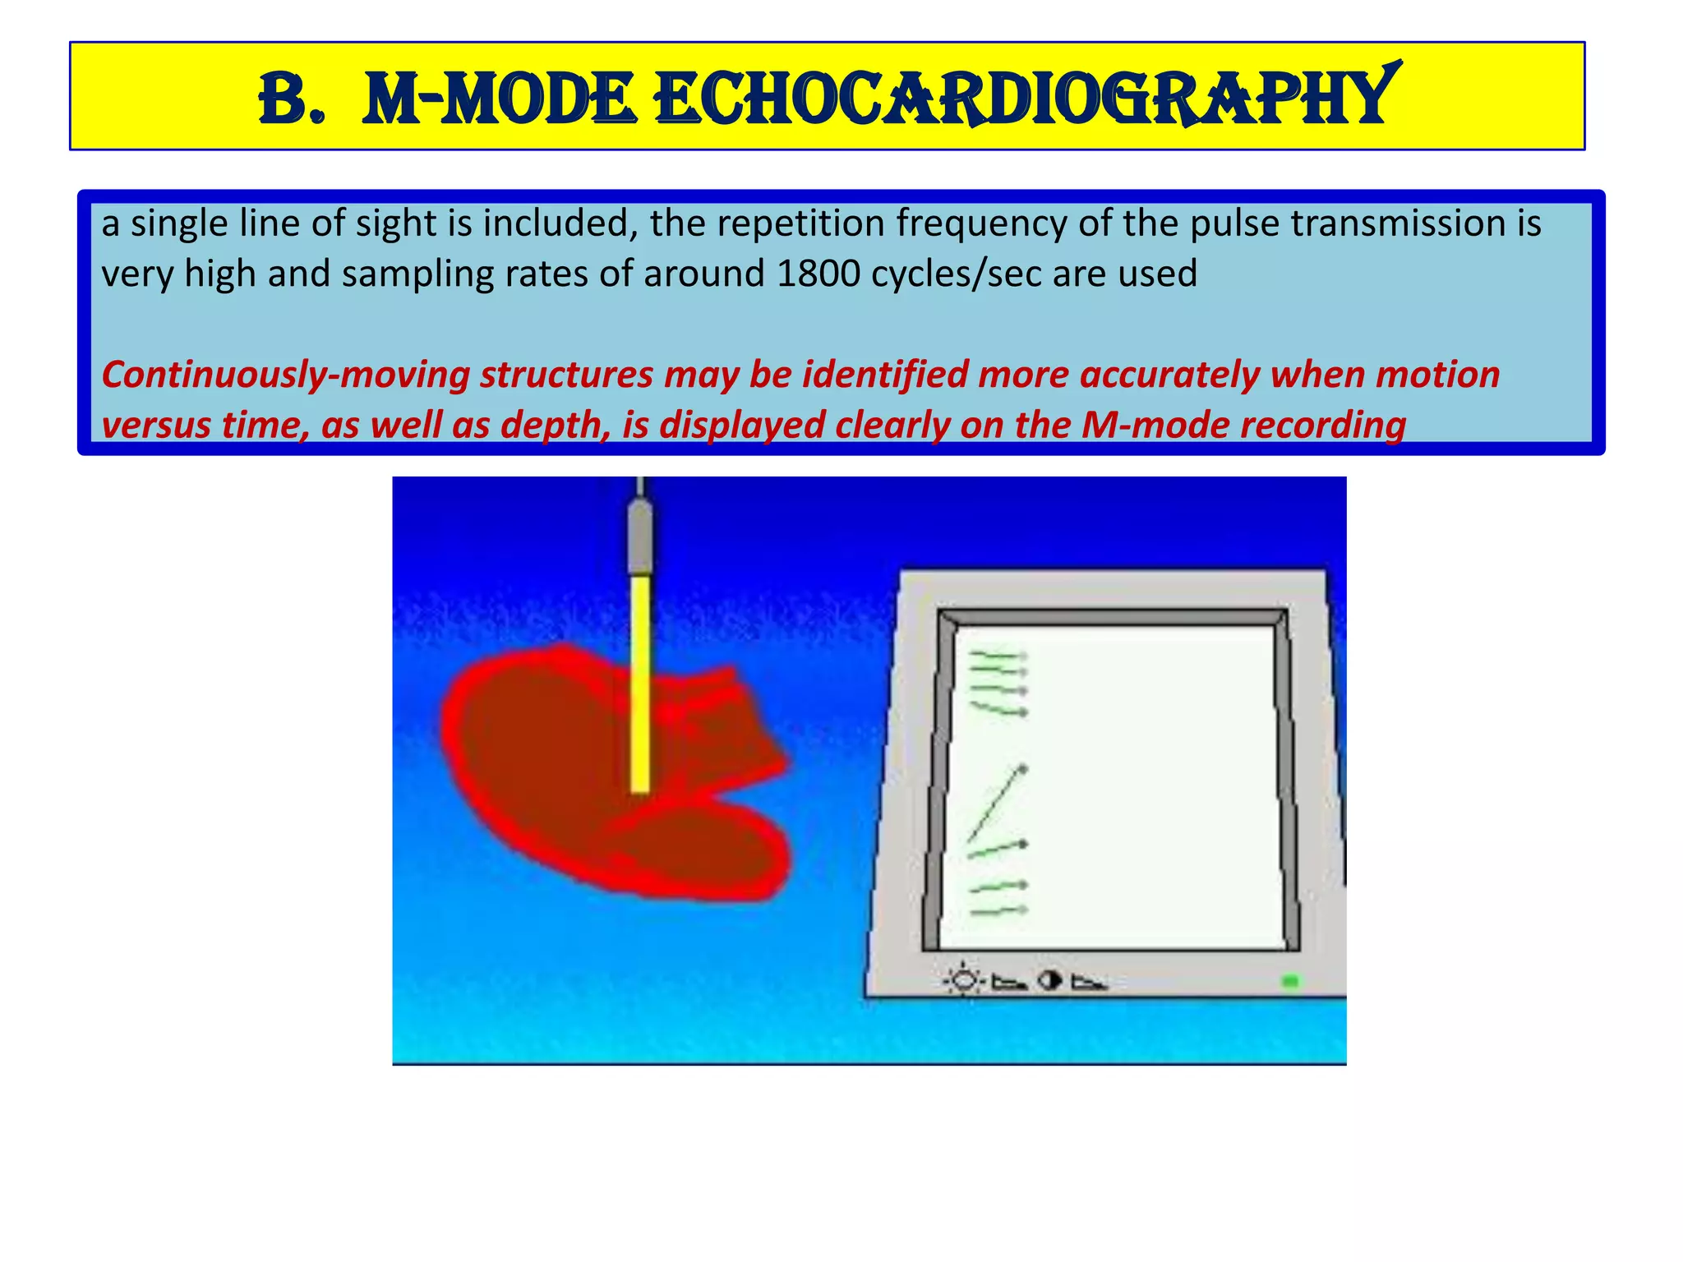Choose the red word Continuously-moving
285,375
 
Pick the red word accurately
1169,375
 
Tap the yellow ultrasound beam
640,682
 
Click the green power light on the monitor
1290,981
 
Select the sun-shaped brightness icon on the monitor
964,981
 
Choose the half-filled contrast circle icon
1049,980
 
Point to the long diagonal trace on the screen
997,804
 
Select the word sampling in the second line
418,274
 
